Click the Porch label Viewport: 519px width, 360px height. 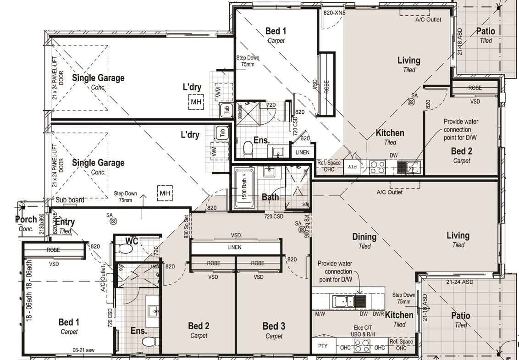point(26,219)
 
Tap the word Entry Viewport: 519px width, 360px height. point(64,222)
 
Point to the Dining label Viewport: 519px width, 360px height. point(364,237)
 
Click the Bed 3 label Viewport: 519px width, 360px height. point(274,326)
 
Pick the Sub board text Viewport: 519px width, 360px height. point(70,200)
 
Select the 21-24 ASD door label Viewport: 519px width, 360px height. point(459,282)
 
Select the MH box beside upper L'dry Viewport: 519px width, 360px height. point(196,102)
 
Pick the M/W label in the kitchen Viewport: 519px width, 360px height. point(320,315)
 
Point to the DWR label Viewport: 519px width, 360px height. point(378,315)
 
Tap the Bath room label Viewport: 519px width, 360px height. point(270,197)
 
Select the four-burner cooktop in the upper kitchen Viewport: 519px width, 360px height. point(378,167)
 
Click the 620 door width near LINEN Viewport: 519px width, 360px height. point(305,138)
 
